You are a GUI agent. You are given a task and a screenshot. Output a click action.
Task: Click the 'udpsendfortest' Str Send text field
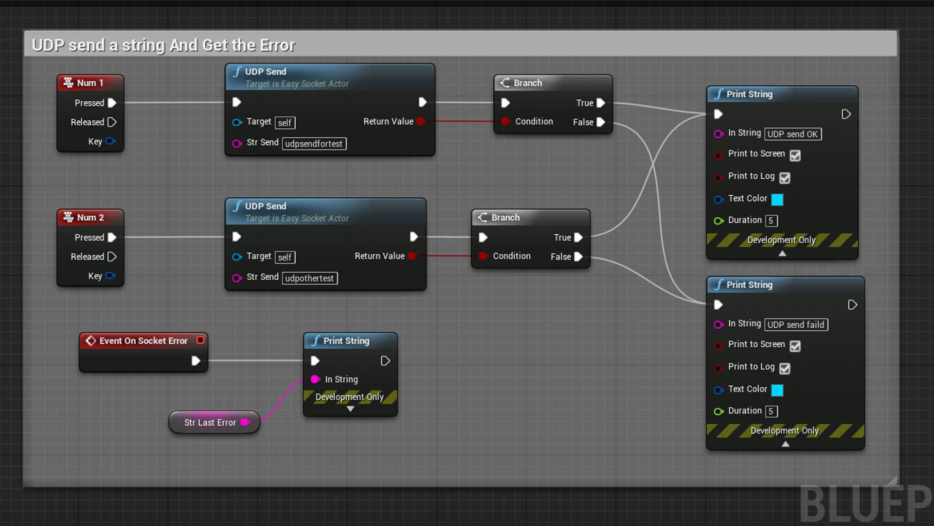(x=314, y=144)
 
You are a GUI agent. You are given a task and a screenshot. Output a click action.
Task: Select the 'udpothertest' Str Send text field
(x=310, y=278)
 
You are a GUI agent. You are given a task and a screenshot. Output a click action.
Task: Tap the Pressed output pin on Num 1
(x=112, y=103)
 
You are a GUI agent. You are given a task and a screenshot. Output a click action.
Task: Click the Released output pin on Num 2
(x=112, y=257)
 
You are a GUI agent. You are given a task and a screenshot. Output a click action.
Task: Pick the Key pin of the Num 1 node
(x=110, y=141)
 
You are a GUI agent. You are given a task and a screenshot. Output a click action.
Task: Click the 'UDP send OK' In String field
(x=793, y=134)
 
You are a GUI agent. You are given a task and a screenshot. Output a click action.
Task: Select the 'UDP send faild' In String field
(x=796, y=325)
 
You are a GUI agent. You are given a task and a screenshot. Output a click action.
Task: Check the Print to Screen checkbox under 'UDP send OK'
(x=795, y=155)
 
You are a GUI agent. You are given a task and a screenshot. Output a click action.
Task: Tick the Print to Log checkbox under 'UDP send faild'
(x=785, y=369)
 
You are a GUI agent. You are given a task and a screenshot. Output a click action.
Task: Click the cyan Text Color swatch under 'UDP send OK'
(x=777, y=199)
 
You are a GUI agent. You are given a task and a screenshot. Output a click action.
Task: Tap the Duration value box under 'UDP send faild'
(x=771, y=412)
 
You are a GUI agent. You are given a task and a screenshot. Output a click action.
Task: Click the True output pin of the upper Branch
(x=601, y=103)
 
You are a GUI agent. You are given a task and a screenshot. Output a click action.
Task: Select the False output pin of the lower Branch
(x=578, y=257)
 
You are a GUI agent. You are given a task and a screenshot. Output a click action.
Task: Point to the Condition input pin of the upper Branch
(x=506, y=121)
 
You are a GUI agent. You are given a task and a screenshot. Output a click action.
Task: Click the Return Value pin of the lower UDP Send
(x=412, y=256)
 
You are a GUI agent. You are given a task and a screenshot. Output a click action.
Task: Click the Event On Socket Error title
(x=144, y=341)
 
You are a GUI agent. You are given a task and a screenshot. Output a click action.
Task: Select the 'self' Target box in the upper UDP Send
(x=285, y=123)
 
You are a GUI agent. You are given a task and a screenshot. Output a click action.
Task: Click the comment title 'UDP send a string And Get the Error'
(x=163, y=45)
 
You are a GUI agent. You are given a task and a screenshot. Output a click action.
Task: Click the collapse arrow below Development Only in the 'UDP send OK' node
(x=782, y=253)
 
